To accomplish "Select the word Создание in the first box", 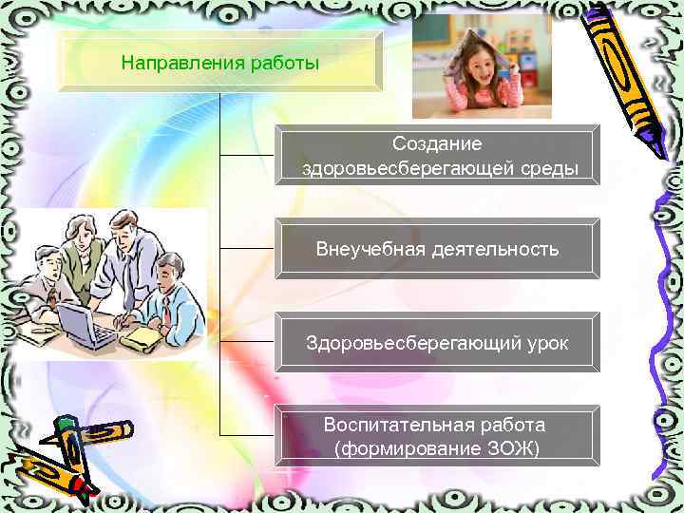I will point(437,144).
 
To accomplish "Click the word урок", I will point(541,342).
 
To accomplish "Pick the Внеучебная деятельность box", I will point(437,250).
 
